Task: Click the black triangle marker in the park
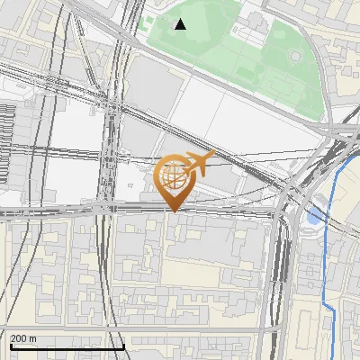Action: (x=181, y=24)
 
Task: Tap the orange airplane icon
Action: (x=195, y=163)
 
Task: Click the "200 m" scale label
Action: (x=23, y=338)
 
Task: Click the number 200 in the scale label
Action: (x=19, y=338)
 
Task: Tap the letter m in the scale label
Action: (x=32, y=338)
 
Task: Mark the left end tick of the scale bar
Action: (x=10, y=346)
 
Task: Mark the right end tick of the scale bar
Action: (x=123, y=346)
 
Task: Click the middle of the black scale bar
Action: (x=67, y=347)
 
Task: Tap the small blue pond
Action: (x=312, y=217)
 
